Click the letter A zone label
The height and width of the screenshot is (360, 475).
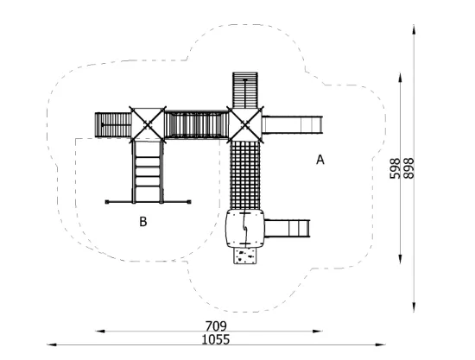point(320,159)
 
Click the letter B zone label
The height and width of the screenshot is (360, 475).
point(143,221)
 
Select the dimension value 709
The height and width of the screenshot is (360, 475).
point(216,326)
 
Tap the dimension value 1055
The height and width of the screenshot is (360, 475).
point(216,339)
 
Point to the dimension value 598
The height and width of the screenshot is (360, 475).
point(395,168)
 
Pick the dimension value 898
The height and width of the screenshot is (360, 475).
point(408,168)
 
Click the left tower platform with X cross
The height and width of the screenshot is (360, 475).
point(148,124)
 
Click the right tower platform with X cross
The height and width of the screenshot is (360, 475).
point(245,124)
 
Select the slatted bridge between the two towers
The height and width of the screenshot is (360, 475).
point(196,124)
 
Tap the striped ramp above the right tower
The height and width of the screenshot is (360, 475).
point(245,90)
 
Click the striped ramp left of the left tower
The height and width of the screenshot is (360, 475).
point(113,124)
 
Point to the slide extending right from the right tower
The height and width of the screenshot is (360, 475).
point(292,124)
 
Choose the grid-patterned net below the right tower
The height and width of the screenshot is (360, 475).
point(245,175)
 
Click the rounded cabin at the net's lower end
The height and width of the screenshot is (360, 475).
point(244,229)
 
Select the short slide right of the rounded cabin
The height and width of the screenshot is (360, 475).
point(288,228)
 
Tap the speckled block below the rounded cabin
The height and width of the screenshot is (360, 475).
point(244,256)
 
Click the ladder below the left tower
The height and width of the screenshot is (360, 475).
point(148,172)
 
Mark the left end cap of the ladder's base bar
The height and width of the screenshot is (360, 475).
point(107,202)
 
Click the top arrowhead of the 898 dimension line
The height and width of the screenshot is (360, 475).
point(414,28)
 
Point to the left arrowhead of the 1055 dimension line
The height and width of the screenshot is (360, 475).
point(52,344)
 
